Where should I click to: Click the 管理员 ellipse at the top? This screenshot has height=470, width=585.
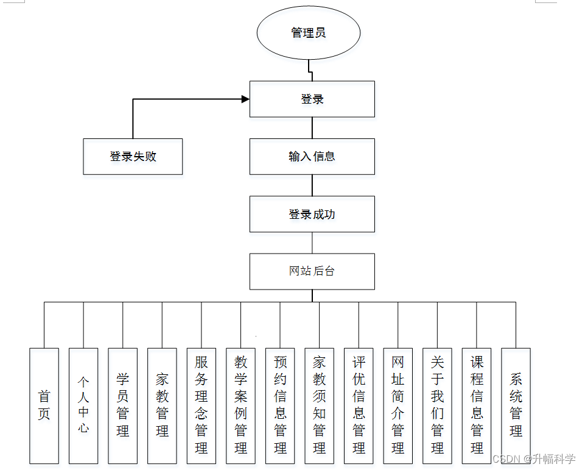pyautogui.click(x=309, y=32)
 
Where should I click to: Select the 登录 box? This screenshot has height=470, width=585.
pyautogui.click(x=312, y=99)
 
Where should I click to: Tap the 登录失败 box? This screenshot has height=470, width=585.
pyautogui.click(x=133, y=157)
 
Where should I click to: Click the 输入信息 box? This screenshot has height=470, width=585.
pyautogui.click(x=312, y=157)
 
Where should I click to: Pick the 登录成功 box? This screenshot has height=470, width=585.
pyautogui.click(x=312, y=214)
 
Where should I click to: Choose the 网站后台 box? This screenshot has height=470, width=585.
pyautogui.click(x=312, y=271)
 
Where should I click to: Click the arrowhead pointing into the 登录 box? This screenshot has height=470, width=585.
pyautogui.click(x=245, y=99)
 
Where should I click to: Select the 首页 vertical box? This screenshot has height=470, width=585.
pyautogui.click(x=44, y=405)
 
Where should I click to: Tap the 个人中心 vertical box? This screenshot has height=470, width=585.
pyautogui.click(x=83, y=405)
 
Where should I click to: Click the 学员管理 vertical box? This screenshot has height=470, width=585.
pyautogui.click(x=123, y=405)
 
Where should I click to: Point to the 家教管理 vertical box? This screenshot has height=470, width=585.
pyautogui.click(x=162, y=405)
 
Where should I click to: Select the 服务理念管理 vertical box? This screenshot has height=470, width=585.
pyautogui.click(x=201, y=405)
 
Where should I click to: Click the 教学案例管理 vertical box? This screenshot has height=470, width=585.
pyautogui.click(x=240, y=405)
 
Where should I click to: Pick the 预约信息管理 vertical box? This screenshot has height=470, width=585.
pyautogui.click(x=280, y=405)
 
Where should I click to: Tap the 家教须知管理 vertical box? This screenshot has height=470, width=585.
pyautogui.click(x=320, y=405)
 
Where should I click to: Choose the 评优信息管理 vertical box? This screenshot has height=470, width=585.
pyautogui.click(x=359, y=405)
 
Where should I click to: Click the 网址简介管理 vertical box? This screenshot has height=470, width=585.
pyautogui.click(x=398, y=405)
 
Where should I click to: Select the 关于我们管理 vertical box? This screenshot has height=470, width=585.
pyautogui.click(x=437, y=405)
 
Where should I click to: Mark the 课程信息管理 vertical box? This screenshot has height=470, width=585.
pyautogui.click(x=477, y=405)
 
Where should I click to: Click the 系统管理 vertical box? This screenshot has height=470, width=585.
pyautogui.click(x=516, y=405)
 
